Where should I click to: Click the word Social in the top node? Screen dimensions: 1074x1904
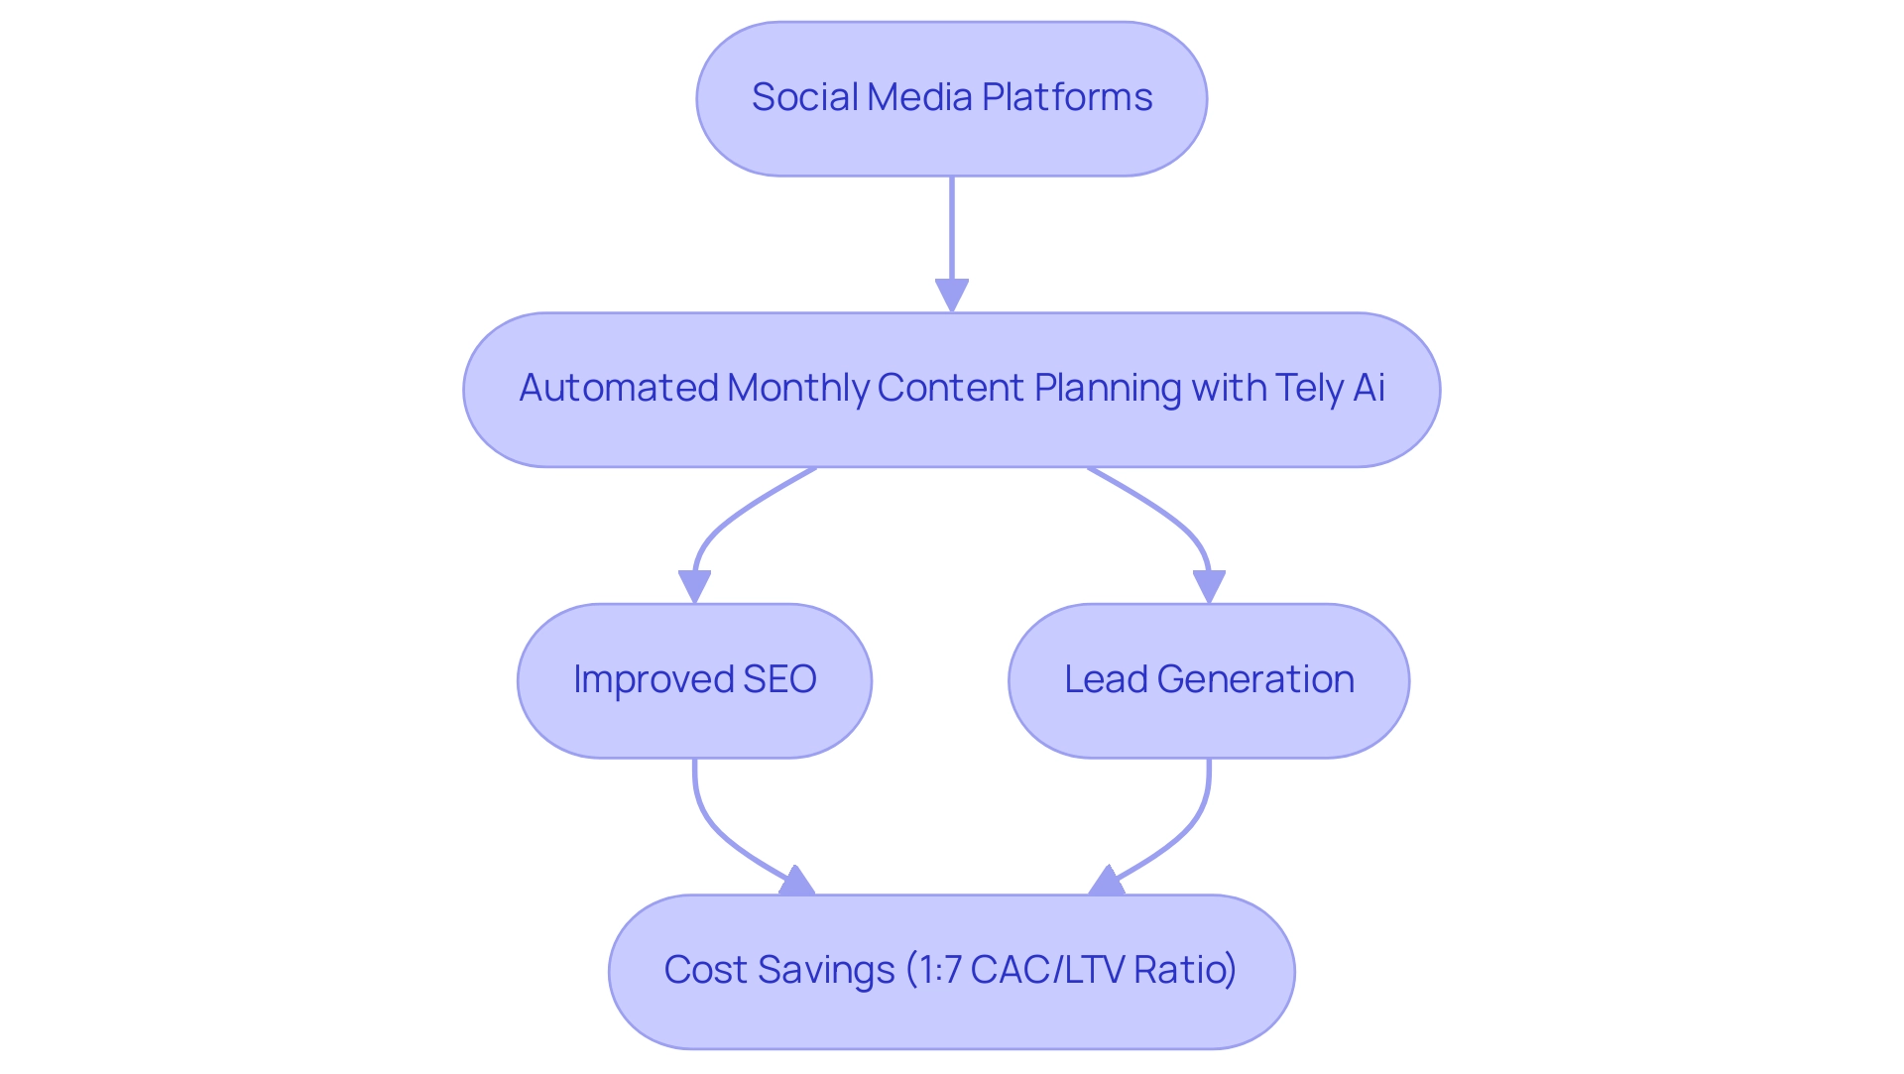(x=804, y=97)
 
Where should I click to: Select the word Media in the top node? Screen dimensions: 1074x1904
(x=919, y=97)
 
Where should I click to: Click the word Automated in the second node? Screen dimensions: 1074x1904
(x=618, y=388)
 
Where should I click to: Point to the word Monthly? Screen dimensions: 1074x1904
(x=798, y=388)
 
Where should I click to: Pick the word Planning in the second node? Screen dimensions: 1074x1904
(x=1108, y=388)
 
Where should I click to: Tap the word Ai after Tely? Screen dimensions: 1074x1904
(x=1368, y=388)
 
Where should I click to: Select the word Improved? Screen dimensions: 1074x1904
(x=653, y=679)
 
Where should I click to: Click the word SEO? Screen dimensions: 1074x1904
(x=779, y=679)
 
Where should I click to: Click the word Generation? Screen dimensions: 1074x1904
(x=1255, y=679)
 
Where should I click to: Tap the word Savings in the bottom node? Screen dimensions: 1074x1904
(x=825, y=970)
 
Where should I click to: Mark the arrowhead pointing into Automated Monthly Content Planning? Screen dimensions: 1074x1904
(x=952, y=296)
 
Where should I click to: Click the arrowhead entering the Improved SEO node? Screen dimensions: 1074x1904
(x=694, y=586)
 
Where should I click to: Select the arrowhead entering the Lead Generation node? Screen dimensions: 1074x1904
(x=1209, y=586)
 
